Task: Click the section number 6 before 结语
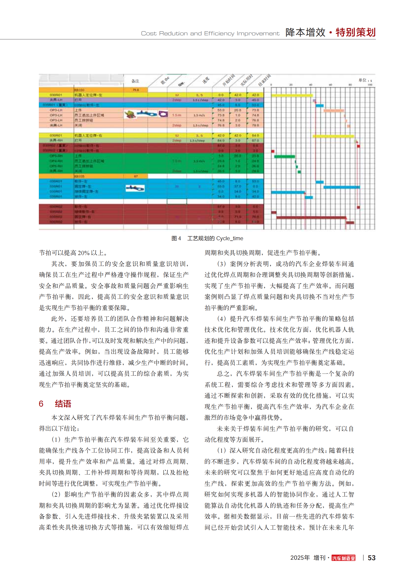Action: [41, 404]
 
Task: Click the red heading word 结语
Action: [63, 404]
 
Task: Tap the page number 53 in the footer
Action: [371, 558]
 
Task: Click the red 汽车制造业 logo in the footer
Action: [343, 558]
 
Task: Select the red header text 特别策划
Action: [356, 32]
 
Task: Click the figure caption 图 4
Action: [176, 238]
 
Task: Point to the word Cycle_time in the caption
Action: [230, 238]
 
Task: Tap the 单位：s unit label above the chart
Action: [365, 80]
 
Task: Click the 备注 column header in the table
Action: [135, 81]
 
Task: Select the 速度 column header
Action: [206, 80]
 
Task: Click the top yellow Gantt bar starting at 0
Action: [292, 95]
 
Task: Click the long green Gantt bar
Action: [284, 157]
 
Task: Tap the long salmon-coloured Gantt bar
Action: [334, 110]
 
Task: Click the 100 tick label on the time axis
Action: [370, 85]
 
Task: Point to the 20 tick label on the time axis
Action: [291, 85]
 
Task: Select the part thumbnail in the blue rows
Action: [135, 188]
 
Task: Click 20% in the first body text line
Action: [83, 253]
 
